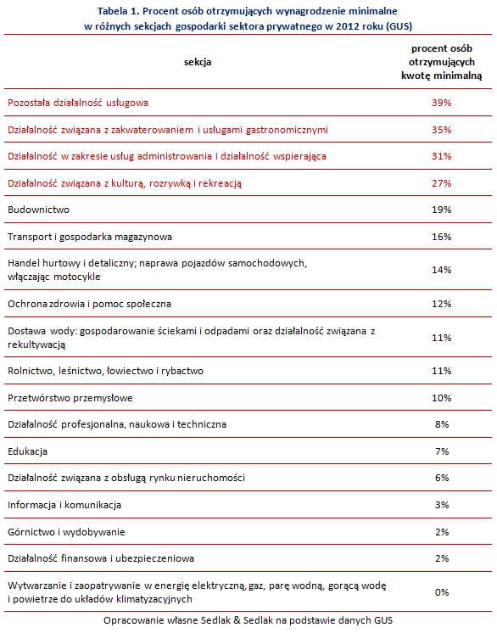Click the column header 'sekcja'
198,62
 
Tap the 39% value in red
441,103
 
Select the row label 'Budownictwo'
38,210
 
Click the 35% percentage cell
441,130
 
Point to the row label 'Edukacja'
27,451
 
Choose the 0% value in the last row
442,592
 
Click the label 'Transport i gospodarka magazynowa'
90,237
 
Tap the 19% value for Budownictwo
441,210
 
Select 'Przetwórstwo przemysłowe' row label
70,398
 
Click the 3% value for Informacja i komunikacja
442,505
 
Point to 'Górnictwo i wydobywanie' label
66,532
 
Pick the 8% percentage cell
442,424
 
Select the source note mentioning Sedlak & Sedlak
248,620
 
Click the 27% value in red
441,183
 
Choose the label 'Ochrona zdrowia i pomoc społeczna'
90,304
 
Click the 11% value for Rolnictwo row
441,371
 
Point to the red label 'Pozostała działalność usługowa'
78,103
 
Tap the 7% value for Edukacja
442,451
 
